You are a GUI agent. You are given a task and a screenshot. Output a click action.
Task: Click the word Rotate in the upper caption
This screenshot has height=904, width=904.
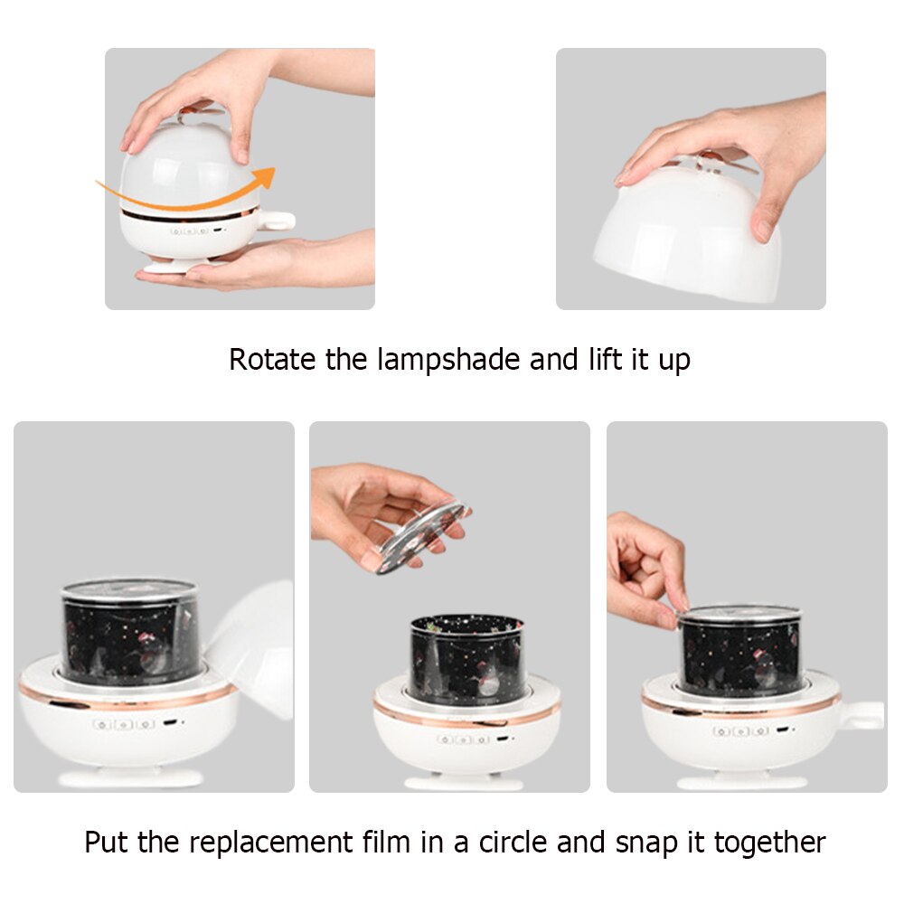(x=273, y=360)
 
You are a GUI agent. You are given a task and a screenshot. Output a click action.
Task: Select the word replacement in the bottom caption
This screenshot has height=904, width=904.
(x=271, y=843)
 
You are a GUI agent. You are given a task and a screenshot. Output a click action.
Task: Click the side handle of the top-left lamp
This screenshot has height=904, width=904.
(x=276, y=221)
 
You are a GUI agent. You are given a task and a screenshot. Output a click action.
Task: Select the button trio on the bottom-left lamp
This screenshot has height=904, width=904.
(x=123, y=724)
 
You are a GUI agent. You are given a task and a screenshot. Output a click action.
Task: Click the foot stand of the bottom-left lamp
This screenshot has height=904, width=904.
(x=130, y=777)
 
